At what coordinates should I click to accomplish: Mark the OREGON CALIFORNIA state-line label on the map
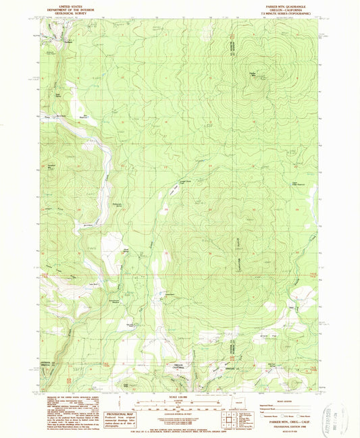178,366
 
